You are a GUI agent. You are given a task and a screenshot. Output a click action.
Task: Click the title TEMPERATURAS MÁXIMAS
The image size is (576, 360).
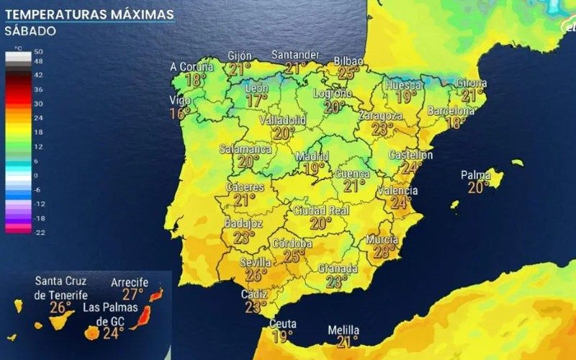(89, 14)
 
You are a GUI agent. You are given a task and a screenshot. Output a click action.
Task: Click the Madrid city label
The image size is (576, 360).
(313, 156)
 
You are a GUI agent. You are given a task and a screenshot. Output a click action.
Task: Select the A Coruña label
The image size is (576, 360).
(193, 67)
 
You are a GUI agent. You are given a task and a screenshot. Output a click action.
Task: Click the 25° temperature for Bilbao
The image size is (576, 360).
(349, 73)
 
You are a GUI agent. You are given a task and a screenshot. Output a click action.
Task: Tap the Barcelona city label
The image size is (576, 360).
(451, 111)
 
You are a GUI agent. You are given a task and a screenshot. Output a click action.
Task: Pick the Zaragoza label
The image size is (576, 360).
(382, 115)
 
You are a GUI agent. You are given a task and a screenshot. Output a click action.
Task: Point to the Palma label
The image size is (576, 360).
(476, 175)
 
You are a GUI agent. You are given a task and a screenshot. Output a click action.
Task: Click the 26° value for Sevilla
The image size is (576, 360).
(256, 275)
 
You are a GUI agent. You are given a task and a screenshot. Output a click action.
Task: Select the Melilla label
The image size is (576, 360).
(343, 330)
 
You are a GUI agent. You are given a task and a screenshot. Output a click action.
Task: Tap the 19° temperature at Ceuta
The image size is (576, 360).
(283, 336)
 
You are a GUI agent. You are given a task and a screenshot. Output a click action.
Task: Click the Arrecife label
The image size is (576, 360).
(130, 283)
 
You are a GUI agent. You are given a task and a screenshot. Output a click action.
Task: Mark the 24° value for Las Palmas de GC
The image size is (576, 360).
(113, 333)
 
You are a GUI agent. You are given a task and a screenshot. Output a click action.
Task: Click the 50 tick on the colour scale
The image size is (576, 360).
(39, 52)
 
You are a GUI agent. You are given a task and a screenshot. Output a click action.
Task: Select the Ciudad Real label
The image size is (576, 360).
(320, 211)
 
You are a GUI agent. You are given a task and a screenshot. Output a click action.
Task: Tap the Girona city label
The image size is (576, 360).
(472, 83)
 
